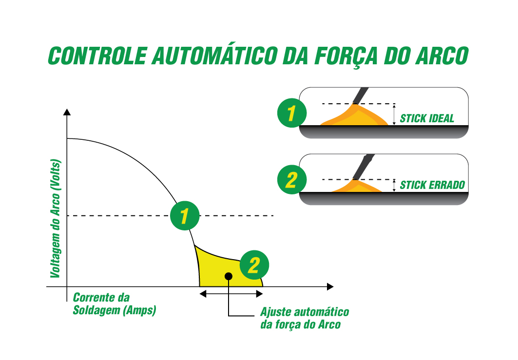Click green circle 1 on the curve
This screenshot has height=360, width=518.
pyautogui.click(x=185, y=215)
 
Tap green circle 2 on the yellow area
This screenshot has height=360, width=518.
pyautogui.click(x=254, y=265)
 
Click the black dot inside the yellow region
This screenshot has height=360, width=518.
pyautogui.click(x=229, y=276)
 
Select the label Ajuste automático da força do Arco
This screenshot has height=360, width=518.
pyautogui.click(x=305, y=318)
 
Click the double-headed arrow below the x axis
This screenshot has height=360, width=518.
pyautogui.click(x=231, y=293)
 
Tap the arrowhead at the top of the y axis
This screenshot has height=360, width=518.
pyautogui.click(x=67, y=113)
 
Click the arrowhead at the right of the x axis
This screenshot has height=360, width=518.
pyautogui.click(x=330, y=286)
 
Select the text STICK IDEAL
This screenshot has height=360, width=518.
pyautogui.click(x=427, y=118)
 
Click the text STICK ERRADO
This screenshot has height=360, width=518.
pyautogui.click(x=432, y=185)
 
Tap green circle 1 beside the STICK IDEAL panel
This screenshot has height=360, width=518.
pyautogui.click(x=291, y=114)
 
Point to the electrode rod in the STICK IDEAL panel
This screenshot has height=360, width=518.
pyautogui.click(x=362, y=95)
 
